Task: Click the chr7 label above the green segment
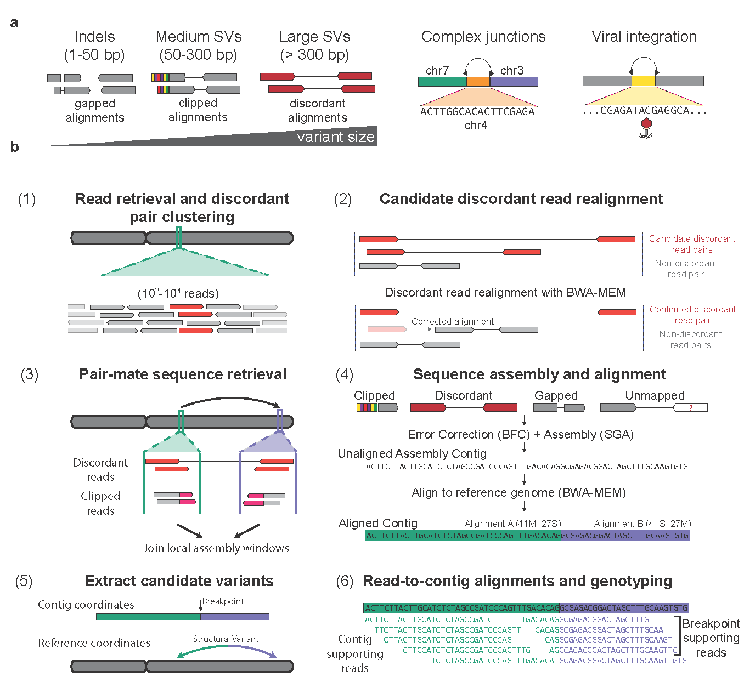click(437, 70)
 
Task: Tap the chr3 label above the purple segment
click(511, 70)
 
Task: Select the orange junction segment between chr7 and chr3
click(478, 82)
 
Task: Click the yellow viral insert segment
click(643, 81)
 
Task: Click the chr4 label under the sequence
click(476, 126)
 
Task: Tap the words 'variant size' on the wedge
click(335, 137)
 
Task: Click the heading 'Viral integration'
click(644, 37)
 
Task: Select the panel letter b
click(15, 147)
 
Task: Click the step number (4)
click(344, 374)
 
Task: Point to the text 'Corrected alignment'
click(453, 321)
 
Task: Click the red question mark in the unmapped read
click(691, 408)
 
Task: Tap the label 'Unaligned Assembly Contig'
click(412, 453)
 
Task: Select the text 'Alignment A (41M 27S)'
click(512, 524)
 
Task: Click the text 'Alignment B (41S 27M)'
click(642, 524)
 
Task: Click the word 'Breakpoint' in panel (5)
click(223, 601)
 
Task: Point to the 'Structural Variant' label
click(226, 639)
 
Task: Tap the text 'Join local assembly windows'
click(216, 548)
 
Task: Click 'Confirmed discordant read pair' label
click(692, 315)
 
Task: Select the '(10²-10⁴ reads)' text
click(178, 293)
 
